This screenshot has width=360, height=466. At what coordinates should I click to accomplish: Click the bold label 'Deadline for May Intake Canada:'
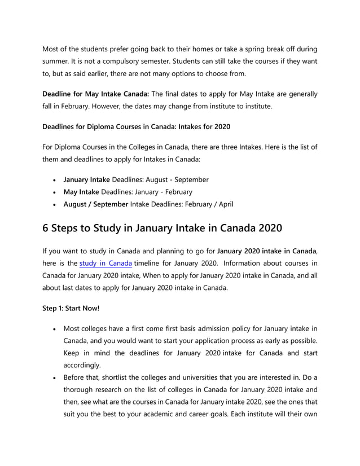tap(95, 94)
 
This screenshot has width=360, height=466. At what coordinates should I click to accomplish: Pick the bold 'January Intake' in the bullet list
tap(86, 179)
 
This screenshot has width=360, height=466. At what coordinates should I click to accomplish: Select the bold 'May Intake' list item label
tap(82, 192)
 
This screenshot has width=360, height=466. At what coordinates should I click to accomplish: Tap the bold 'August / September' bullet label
tap(96, 204)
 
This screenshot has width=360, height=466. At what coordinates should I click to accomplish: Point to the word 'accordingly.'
tap(82, 365)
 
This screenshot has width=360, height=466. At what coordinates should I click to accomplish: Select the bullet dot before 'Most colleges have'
tap(53, 329)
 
